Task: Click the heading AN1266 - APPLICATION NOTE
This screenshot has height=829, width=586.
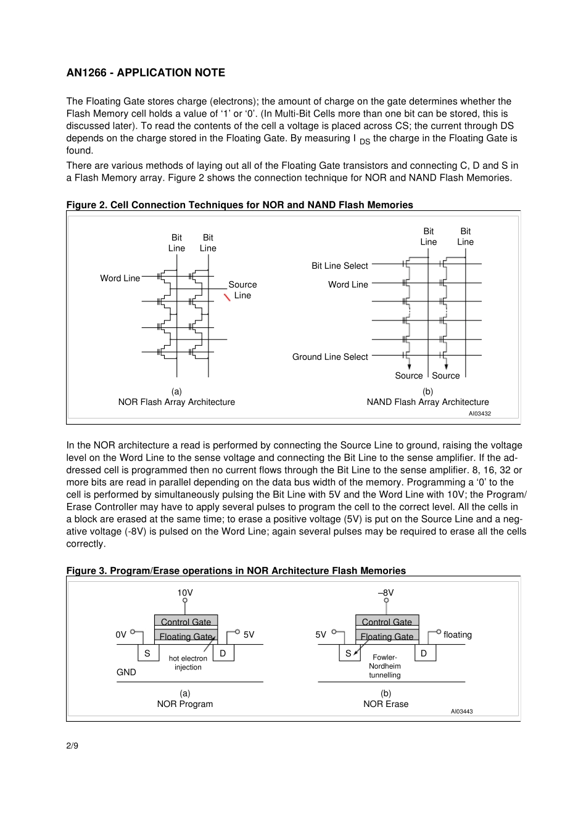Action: [146, 73]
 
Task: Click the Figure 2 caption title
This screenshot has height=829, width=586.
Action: [239, 205]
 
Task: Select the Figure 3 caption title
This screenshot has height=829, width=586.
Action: [236, 571]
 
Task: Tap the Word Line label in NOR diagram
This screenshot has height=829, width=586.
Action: [120, 278]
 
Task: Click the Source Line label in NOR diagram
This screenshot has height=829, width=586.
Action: [242, 290]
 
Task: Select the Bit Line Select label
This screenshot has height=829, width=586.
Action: [339, 266]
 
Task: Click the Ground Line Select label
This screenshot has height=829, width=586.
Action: [329, 357]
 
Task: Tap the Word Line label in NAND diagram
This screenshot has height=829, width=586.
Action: [348, 284]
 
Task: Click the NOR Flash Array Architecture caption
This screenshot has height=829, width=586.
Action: [176, 402]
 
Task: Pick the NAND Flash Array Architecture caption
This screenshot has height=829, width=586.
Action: [427, 402]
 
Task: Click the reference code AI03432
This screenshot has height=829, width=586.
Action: [479, 414]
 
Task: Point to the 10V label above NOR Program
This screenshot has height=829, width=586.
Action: [185, 593]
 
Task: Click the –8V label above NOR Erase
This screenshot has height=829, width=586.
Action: [386, 593]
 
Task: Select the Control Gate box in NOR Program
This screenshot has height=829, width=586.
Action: [186, 621]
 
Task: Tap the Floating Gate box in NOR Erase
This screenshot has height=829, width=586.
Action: [387, 636]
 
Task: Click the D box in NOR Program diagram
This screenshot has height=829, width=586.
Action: [223, 653]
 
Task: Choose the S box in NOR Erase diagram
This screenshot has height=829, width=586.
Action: [349, 653]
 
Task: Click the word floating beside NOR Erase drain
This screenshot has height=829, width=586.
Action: [457, 635]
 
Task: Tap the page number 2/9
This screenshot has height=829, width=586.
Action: [72, 746]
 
